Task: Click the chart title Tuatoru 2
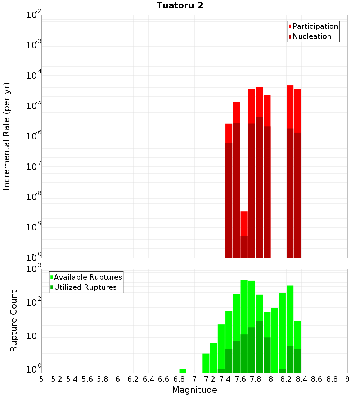pyautogui.click(x=180, y=6)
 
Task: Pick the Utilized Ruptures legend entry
pyautogui.click(x=85, y=287)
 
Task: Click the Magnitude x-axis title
pyautogui.click(x=194, y=390)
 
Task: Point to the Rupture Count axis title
pyautogui.click(x=14, y=320)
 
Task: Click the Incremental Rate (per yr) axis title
pyautogui.click(x=6, y=136)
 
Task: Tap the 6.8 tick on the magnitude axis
pyautogui.click(x=179, y=379)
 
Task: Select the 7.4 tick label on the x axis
pyautogui.click(x=225, y=379)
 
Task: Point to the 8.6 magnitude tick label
pyautogui.click(x=317, y=379)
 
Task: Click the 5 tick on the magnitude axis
pyautogui.click(x=41, y=379)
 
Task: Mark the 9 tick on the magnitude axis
pyautogui.click(x=347, y=379)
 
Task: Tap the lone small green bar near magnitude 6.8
pyautogui.click(x=183, y=371)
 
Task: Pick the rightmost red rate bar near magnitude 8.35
pyautogui.click(x=298, y=173)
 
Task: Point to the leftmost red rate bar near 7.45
pyautogui.click(x=229, y=191)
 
